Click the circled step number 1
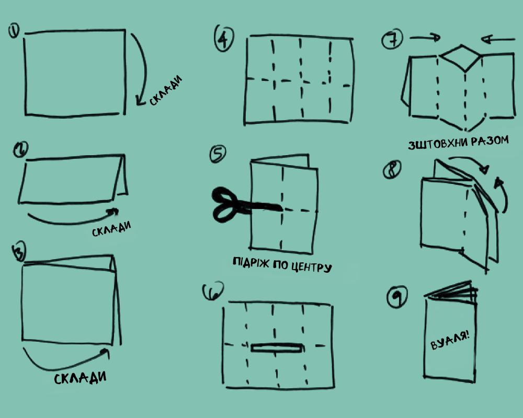pyautogui.click(x=14, y=31)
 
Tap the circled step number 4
pyautogui.click(x=223, y=38)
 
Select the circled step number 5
pyautogui.click(x=218, y=154)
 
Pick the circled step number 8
pyautogui.click(x=392, y=169)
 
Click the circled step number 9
pyautogui.click(x=397, y=296)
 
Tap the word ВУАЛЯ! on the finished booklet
pyautogui.click(x=450, y=340)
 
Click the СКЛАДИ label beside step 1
pyautogui.click(x=166, y=90)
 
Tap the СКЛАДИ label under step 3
pyautogui.click(x=80, y=378)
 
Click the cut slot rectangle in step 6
pyautogui.click(x=277, y=347)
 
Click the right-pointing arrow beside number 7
pyautogui.click(x=425, y=38)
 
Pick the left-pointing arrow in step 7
pyautogui.click(x=498, y=40)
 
